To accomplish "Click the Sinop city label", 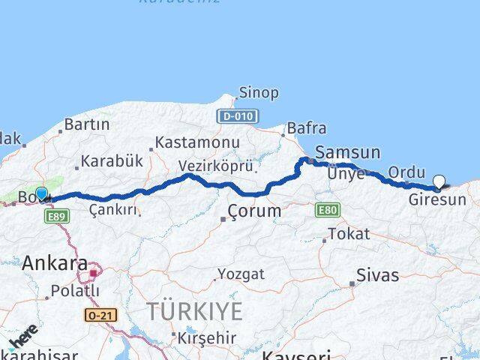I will pyautogui.click(x=258, y=93).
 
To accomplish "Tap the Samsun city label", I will pyautogui.click(x=347, y=152).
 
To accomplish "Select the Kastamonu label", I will pyautogui.click(x=198, y=142).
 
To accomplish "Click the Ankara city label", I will pyautogui.click(x=55, y=263).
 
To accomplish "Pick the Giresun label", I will pyautogui.click(x=437, y=200).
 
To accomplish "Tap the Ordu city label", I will pyautogui.click(x=406, y=172).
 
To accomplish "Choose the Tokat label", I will pyautogui.click(x=349, y=234).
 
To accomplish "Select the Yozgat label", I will pyautogui.click(x=241, y=274).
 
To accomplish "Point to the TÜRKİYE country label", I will pyautogui.click(x=194, y=311).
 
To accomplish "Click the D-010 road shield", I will pyautogui.click(x=237, y=116).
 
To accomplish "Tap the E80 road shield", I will pyautogui.click(x=327, y=210).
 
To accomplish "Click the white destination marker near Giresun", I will pyautogui.click(x=439, y=181).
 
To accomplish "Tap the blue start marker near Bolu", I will pyautogui.click(x=42, y=194).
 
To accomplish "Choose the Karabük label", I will pyautogui.click(x=111, y=160).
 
